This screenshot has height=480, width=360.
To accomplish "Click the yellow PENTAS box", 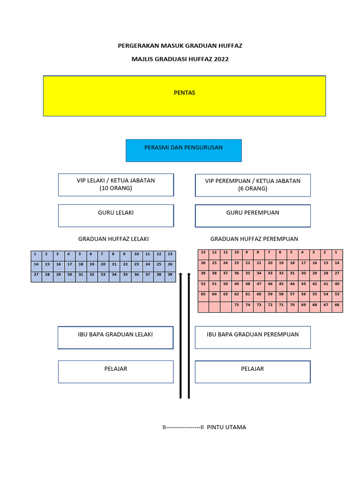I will pos(184,96).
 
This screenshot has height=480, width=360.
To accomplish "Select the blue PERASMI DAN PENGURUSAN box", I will pos(184,150).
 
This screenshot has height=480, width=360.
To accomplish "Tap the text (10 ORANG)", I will pos(116,188).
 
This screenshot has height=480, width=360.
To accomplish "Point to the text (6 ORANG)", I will pos(253,188).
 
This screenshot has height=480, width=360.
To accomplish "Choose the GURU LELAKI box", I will pos(116,215).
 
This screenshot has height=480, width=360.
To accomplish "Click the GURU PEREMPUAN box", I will pos(253,215).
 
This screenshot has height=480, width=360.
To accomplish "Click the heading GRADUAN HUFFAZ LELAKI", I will pos(113,239).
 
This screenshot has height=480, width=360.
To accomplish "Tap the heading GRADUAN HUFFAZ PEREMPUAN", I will pos(254,239).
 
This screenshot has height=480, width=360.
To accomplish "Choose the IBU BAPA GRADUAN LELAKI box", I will pos(115,337).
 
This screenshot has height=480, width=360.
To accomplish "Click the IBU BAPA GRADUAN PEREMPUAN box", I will pos(253,337).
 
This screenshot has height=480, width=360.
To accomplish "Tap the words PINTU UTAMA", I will pos(226,427).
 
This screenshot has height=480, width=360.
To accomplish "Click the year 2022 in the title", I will pos(221,59).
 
